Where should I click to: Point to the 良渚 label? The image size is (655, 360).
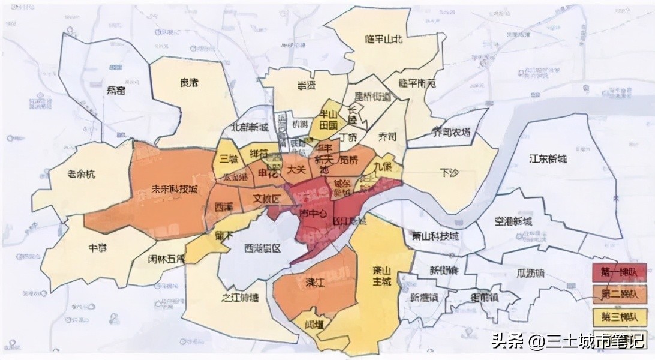click(189, 83)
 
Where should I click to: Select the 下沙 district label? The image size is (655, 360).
click(449, 173)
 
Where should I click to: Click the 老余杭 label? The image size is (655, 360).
click(81, 175)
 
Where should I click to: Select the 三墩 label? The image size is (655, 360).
click(229, 158)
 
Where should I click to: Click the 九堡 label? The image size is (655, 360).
click(382, 166)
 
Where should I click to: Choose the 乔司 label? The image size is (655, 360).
click(387, 136)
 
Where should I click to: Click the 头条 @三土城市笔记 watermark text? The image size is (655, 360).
click(567, 341)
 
